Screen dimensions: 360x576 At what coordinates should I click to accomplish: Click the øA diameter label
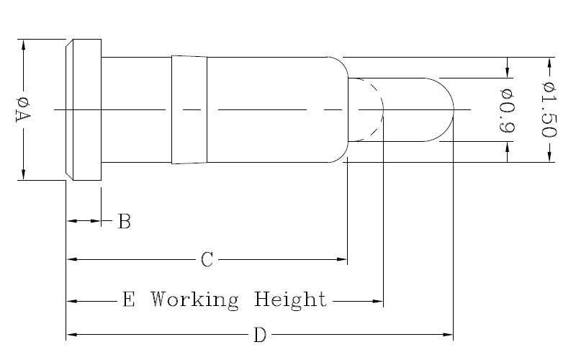[x=22, y=109]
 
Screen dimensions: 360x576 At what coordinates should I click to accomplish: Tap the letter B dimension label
[x=124, y=222]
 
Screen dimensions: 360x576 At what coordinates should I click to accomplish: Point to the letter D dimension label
[x=260, y=336]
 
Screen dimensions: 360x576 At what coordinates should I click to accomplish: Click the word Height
[x=291, y=299]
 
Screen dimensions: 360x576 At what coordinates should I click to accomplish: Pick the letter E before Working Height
[x=129, y=299]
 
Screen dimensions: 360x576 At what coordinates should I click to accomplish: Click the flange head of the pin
[x=85, y=109]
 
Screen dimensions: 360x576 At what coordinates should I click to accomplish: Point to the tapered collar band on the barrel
[x=189, y=109]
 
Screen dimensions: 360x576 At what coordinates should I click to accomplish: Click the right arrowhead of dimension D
[x=448, y=335]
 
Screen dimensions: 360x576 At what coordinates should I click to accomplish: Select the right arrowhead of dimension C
[x=343, y=259]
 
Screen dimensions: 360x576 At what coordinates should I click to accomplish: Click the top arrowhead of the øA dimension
[x=24, y=44]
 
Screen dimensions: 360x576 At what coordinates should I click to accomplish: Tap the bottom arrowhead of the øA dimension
[x=24, y=174]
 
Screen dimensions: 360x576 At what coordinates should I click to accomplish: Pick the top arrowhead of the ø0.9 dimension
[x=508, y=73]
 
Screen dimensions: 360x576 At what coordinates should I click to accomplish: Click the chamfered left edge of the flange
[x=68, y=109]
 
